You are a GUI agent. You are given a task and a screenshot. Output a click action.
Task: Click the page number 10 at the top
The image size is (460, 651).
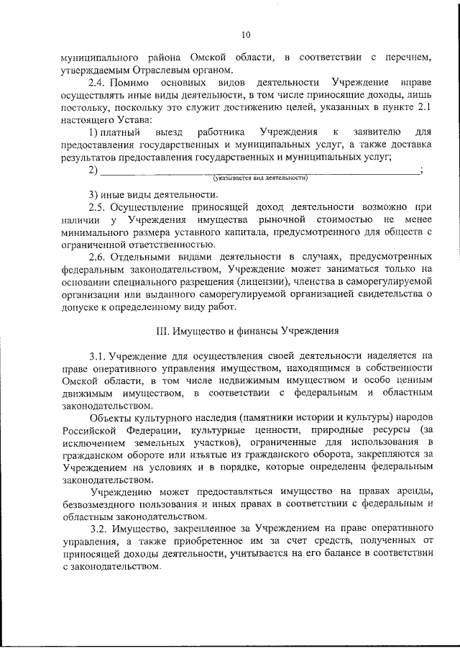[246, 35]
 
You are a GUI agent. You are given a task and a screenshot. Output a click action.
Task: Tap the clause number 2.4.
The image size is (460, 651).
[98, 83]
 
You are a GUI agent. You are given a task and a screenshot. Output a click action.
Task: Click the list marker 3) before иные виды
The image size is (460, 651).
[93, 195]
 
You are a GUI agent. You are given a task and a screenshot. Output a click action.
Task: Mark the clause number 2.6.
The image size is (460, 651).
[98, 257]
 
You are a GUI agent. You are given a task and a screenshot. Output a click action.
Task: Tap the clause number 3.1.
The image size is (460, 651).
[98, 356]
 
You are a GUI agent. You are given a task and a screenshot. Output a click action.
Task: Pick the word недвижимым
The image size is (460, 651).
[242, 381]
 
